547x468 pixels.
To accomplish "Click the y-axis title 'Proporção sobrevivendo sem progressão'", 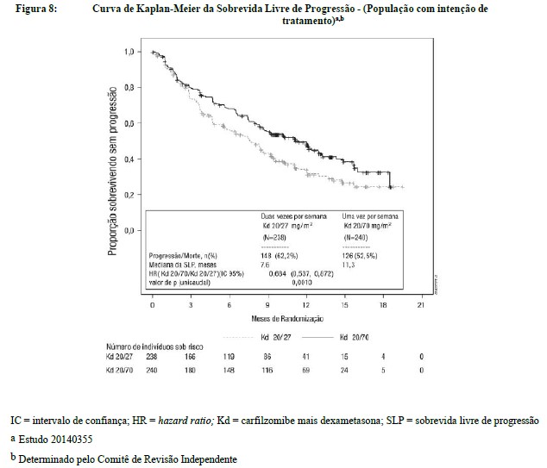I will (x=113, y=184).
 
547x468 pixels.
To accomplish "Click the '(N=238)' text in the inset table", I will (x=275, y=235).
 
